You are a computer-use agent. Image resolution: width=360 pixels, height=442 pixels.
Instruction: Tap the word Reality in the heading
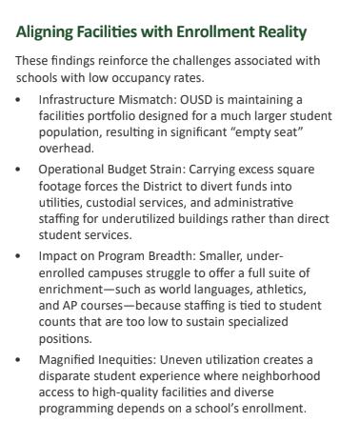277,35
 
